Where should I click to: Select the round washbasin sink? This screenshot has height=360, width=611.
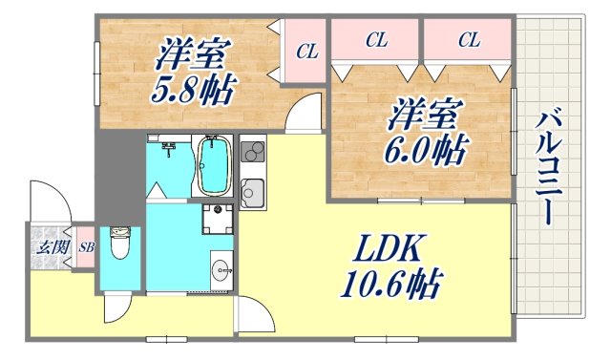point(221,270)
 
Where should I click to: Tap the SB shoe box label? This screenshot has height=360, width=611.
point(84,246)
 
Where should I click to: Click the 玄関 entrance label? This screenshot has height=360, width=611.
point(48,247)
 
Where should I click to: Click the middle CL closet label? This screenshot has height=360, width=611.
point(376,40)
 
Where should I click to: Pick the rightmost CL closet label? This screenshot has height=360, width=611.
point(468,40)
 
